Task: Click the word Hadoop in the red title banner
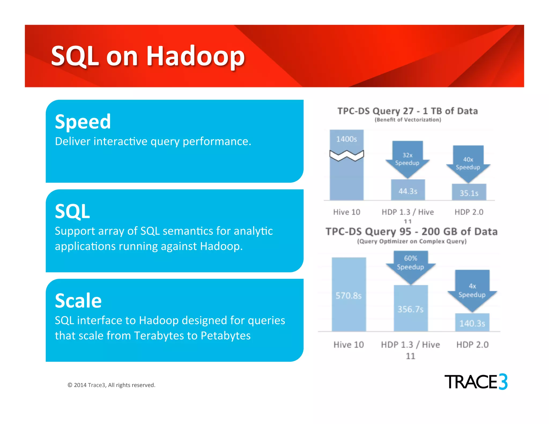tap(195, 56)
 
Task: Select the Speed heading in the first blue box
tap(83, 122)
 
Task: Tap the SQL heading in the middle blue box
tap(72, 211)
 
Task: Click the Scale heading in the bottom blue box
tap(78, 301)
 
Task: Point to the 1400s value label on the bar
tap(347, 139)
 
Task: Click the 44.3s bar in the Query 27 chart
tap(408, 190)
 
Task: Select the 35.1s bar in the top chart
tap(469, 192)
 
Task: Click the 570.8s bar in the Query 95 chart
tap(349, 295)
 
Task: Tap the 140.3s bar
tap(472, 323)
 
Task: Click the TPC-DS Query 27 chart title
tap(407, 111)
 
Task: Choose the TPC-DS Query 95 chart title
tap(411, 232)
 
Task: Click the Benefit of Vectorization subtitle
tap(408, 120)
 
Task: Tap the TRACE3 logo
tap(476, 382)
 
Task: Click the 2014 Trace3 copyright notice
tap(112, 385)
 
